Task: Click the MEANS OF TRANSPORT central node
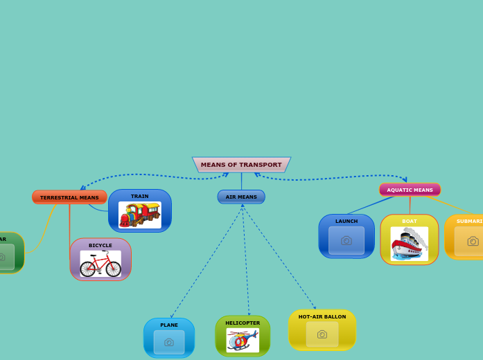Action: pyautogui.click(x=241, y=165)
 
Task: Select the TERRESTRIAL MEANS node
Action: pyautogui.click(x=69, y=197)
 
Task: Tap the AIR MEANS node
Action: pyautogui.click(x=241, y=197)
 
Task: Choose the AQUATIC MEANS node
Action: pyautogui.click(x=410, y=190)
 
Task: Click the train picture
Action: pyautogui.click(x=139, y=215)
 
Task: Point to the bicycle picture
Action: pyautogui.click(x=100, y=264)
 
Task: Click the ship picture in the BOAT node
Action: pyautogui.click(x=410, y=243)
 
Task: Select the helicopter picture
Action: pyautogui.click(x=243, y=340)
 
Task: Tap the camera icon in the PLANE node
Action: pyautogui.click(x=169, y=342)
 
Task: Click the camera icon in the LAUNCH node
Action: pyautogui.click(x=346, y=240)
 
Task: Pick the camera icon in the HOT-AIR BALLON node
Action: pyautogui.click(x=322, y=334)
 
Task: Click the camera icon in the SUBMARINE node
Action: pyautogui.click(x=473, y=241)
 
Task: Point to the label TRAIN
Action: pyautogui.click(x=139, y=196)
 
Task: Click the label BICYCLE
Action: pyautogui.click(x=100, y=245)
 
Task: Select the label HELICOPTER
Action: pyautogui.click(x=243, y=323)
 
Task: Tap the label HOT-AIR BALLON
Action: pyautogui.click(x=322, y=316)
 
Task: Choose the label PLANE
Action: pyautogui.click(x=169, y=325)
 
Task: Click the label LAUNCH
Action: pyautogui.click(x=346, y=221)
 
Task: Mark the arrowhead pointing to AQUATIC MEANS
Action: pyautogui.click(x=405, y=181)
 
